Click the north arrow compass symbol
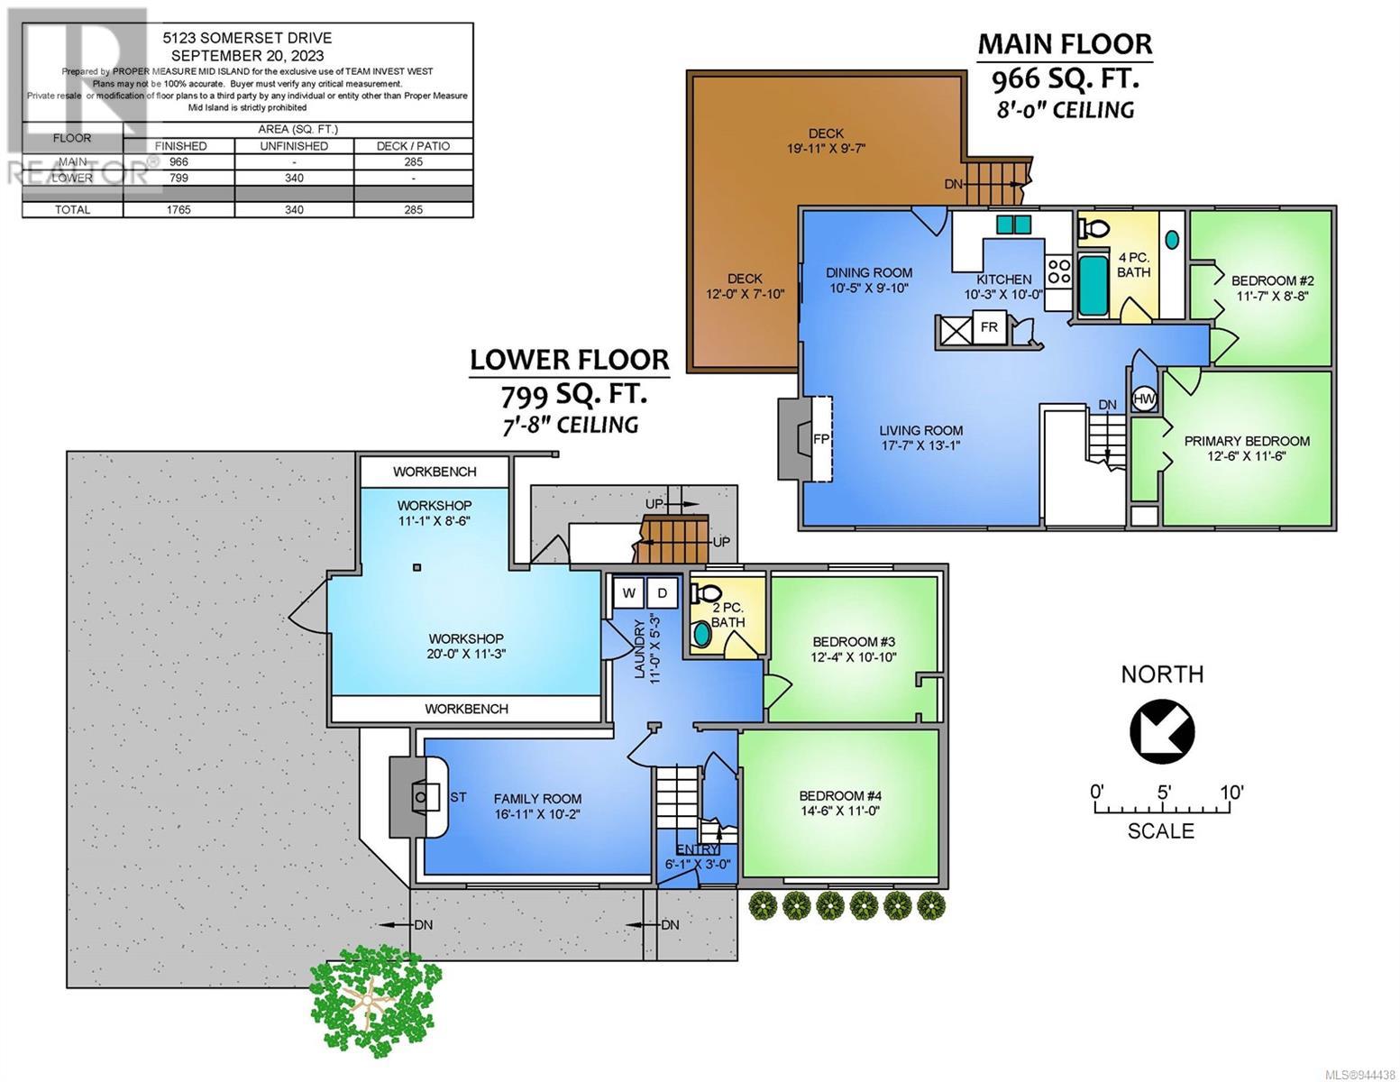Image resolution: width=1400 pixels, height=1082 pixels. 1162,730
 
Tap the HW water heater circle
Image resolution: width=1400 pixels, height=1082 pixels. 1144,399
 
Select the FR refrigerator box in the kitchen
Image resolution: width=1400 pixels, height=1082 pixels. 989,326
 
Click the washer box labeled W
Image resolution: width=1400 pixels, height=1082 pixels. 629,593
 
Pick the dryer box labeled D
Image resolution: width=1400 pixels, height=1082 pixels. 662,593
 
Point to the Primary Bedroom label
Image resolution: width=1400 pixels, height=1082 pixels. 1247,441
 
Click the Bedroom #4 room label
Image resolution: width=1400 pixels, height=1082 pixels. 839,795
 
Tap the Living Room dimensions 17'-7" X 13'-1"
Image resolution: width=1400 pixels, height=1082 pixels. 920,445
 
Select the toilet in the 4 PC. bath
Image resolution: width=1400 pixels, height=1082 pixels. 1093,227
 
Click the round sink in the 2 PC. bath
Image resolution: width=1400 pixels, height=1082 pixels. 701,635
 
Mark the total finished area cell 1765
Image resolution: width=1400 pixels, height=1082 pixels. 178,209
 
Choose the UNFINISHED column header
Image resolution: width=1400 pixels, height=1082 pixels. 294,146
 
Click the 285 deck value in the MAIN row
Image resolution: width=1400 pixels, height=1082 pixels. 413,161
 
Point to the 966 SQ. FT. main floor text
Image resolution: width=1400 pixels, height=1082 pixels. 1065,78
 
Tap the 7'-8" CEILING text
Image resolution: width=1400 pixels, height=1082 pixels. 570,426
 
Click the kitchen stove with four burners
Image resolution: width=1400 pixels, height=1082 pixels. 1058,271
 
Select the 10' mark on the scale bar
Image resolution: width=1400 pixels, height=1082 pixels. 1231,792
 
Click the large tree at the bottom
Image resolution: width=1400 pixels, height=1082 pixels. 375,1001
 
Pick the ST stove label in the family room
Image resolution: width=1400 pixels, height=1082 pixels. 458,797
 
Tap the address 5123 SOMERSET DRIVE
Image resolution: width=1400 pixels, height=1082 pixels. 247,38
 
